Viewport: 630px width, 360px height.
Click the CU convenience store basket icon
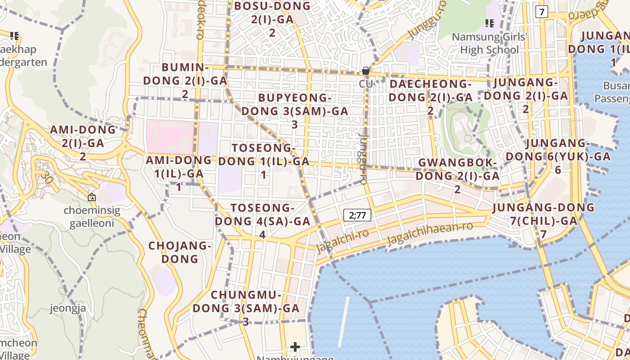coord(366,71)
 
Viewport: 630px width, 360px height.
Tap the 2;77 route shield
coord(357,215)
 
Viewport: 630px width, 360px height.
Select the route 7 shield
coord(541,12)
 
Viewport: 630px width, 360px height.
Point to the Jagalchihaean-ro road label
coord(430,233)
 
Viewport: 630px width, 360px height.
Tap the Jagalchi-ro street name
coord(342,240)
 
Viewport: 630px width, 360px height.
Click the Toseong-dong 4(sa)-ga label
coord(262,221)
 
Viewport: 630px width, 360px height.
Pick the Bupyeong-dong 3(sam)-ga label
coord(295,111)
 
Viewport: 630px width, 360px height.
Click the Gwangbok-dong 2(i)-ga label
coord(457,175)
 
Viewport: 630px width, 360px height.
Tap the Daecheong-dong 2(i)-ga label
coord(431,97)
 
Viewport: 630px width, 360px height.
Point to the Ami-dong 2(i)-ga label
coord(83,143)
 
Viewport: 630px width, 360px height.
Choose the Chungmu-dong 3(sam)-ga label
coord(246,308)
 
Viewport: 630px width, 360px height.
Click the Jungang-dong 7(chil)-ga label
coord(543,220)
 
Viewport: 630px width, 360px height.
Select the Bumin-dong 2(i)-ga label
coord(185,81)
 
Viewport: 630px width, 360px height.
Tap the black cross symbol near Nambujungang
coord(295,347)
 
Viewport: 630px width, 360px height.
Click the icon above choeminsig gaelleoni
coord(92,197)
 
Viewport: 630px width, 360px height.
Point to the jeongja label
coord(68,308)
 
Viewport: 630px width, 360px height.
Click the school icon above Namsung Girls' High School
coord(489,23)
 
